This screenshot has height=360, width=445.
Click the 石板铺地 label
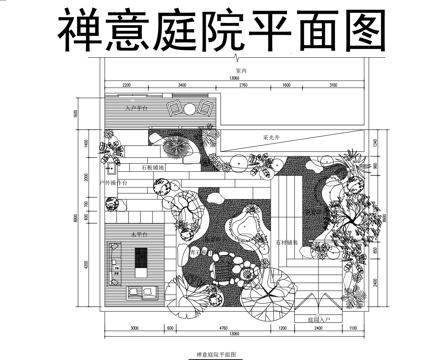(155, 165)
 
